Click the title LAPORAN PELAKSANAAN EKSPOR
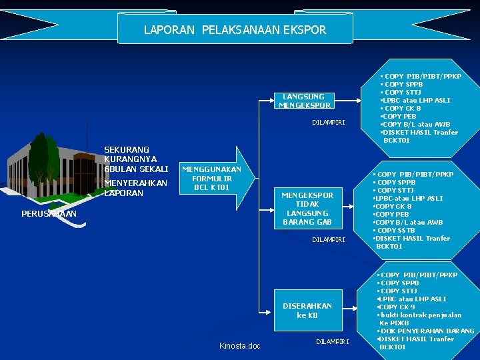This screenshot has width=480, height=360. [x=235, y=30]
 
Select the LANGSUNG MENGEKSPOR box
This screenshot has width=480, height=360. [x=304, y=101]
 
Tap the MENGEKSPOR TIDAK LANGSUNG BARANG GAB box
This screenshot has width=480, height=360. [x=307, y=208]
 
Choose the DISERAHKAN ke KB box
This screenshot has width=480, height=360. [x=307, y=310]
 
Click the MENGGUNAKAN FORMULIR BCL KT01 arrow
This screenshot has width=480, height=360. [x=212, y=179]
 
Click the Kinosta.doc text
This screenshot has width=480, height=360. [x=240, y=345]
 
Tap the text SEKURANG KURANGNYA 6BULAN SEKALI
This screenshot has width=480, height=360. [x=136, y=159]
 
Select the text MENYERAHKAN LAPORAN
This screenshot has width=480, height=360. [x=136, y=188]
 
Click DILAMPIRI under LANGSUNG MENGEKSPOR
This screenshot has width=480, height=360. [x=329, y=122]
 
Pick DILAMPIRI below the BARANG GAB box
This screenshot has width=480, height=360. [x=329, y=239]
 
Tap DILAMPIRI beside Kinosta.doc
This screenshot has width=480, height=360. [x=332, y=342]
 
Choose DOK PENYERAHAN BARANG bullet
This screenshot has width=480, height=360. [x=427, y=331]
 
